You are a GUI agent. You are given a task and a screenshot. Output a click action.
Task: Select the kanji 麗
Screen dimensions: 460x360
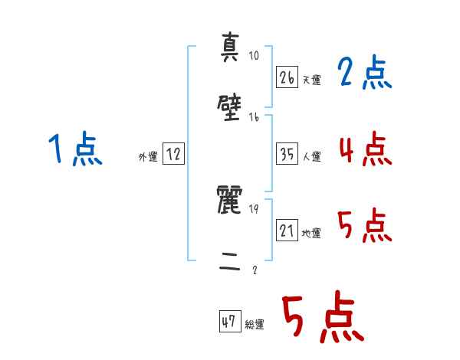coord(231,201)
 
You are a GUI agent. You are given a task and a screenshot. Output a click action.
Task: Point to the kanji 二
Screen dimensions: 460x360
coord(231,263)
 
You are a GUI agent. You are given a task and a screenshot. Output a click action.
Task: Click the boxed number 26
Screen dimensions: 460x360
coord(287,77)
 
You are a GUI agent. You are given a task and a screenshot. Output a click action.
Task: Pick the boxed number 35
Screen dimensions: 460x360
coord(287,154)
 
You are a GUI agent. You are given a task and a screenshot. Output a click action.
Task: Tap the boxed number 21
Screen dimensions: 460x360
coord(287,231)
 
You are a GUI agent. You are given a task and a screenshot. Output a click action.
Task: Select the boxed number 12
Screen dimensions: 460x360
coord(173,155)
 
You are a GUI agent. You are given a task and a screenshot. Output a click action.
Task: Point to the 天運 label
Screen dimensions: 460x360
coord(311,80)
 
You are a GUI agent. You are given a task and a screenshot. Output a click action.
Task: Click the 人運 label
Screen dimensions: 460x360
coord(311,156)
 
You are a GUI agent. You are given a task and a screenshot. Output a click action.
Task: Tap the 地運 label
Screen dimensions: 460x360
coord(311,233)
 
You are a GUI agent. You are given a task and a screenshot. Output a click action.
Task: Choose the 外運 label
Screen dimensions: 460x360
coord(148,157)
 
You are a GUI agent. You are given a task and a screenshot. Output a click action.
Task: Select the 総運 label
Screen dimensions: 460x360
coord(255,324)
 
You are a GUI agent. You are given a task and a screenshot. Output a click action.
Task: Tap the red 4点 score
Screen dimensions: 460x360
coord(365,149)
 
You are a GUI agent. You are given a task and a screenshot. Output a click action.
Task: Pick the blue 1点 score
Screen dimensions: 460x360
coord(75,149)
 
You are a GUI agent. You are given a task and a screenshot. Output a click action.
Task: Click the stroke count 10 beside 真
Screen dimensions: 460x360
coord(255,55)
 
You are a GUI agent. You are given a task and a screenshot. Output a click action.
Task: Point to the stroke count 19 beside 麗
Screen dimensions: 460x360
coord(255,209)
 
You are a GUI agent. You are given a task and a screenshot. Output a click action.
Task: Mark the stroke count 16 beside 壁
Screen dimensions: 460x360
coord(255,117)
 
